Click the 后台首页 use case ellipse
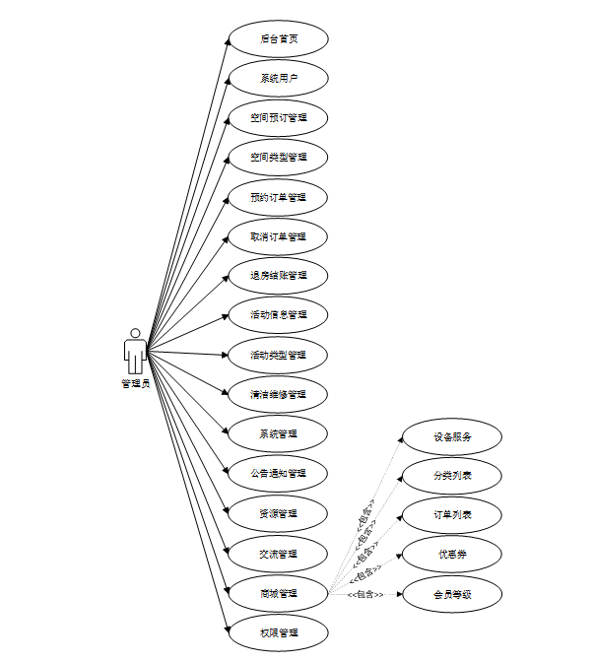point(278,39)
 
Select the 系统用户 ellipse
point(278,79)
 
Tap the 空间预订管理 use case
point(278,118)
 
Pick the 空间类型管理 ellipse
point(278,158)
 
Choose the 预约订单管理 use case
point(278,197)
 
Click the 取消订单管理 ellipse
point(278,236)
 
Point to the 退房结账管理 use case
point(278,276)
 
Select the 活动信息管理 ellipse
point(278,315)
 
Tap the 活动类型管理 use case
point(278,355)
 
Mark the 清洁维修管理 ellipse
point(278,394)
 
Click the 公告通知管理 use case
point(278,473)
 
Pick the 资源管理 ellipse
point(278,513)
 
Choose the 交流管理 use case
point(278,554)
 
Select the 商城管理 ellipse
point(278,593)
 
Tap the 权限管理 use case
point(278,632)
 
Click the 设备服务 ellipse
point(452,436)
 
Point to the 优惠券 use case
point(452,555)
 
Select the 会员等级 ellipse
point(452,594)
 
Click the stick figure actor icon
point(135,351)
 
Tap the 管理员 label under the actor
point(135,383)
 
